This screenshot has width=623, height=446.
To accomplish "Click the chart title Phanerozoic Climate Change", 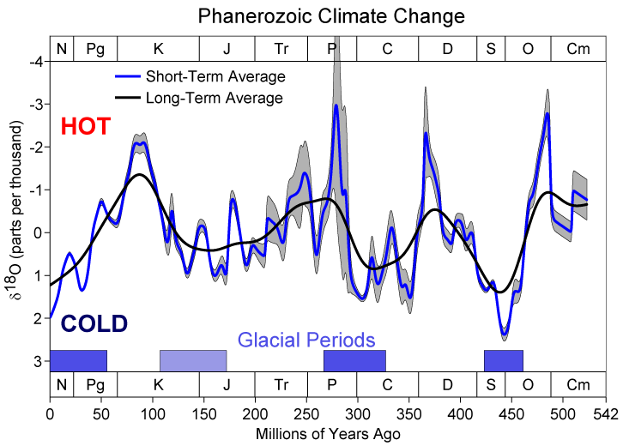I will pos(330,15).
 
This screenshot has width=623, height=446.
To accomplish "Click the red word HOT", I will pos(86,127).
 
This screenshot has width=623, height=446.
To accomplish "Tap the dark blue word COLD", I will pos(94,324).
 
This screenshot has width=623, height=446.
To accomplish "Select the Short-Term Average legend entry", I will pos(215,76).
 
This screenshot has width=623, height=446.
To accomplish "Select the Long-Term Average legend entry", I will pos(214,98).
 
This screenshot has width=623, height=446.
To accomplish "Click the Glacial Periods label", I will pos(306,339).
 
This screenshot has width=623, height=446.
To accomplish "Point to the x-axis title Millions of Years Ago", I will pos(328,434).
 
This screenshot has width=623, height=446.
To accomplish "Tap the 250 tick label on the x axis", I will pos(306,414).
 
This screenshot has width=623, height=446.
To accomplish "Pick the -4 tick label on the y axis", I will pos(35,62).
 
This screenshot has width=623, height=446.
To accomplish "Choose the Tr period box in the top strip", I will pos(281,49).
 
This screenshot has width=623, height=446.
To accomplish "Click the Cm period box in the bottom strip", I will pos(578,385).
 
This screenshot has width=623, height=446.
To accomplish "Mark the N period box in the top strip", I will pos(62,49).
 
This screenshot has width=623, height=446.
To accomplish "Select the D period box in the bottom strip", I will pos(447,385).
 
